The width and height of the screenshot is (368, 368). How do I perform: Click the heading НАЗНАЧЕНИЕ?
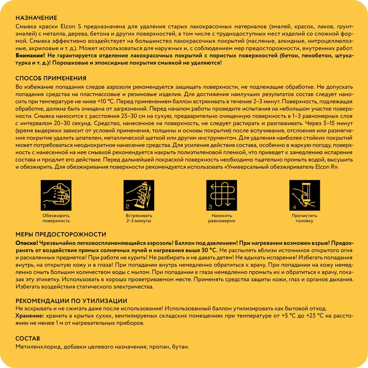[36, 18]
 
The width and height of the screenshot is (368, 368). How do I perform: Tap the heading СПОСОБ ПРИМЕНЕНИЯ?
[51, 78]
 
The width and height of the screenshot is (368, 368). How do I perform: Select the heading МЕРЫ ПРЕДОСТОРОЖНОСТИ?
[61, 234]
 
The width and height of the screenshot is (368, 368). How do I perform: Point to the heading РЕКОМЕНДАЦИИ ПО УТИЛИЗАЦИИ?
[71, 301]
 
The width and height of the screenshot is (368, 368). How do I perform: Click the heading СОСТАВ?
[28, 338]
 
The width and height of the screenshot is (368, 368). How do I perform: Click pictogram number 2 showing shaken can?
[138, 195]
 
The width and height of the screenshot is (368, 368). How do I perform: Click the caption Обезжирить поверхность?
[56, 218]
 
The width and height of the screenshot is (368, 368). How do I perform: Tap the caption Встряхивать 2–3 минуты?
[138, 218]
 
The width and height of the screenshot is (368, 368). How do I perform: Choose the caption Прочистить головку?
[304, 218]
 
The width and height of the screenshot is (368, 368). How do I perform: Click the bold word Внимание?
[31, 55]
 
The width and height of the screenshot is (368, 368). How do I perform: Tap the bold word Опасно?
[26, 243]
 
